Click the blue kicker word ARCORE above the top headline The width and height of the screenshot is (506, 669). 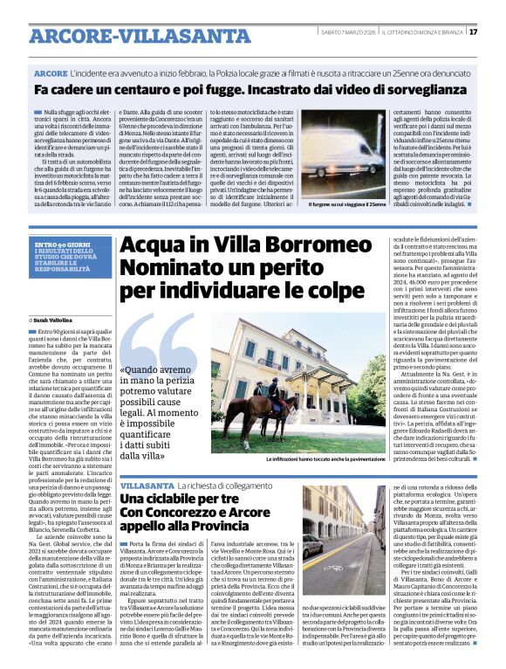pos(51,72)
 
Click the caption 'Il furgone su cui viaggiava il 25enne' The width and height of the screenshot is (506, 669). pos(345,203)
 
